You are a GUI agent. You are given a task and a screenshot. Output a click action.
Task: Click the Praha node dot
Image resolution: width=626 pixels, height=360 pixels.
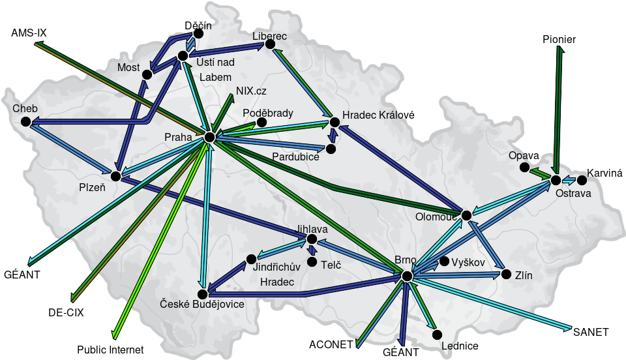(x=209, y=137)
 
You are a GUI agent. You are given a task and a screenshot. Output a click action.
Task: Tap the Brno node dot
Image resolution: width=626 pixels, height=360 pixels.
(x=408, y=277)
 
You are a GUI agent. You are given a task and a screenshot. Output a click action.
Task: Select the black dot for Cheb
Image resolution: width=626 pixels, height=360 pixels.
(x=25, y=121)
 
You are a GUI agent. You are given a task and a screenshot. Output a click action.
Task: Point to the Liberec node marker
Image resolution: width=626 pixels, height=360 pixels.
(x=270, y=44)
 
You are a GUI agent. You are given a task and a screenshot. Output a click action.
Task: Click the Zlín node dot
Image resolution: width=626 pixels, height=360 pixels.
(x=506, y=275)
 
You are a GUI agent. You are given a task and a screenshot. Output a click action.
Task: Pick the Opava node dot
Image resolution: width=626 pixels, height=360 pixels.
(x=525, y=168)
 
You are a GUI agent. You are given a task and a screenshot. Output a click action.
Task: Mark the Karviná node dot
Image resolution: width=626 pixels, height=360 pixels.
(x=582, y=179)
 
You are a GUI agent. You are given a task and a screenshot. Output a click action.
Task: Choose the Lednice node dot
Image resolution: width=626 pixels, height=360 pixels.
(x=438, y=335)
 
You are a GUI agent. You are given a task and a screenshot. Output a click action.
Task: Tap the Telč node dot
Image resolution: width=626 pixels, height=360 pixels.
(x=312, y=262)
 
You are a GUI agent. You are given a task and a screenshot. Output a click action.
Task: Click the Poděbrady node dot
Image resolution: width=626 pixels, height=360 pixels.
(x=261, y=122)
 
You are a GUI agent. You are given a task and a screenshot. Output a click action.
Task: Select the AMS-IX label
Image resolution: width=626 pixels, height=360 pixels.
(x=33, y=33)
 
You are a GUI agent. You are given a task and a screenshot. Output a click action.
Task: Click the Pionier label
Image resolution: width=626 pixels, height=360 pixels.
(x=559, y=40)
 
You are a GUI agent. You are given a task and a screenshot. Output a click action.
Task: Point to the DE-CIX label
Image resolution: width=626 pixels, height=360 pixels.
(x=66, y=312)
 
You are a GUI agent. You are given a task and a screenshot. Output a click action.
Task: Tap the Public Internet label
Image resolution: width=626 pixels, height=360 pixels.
(x=110, y=350)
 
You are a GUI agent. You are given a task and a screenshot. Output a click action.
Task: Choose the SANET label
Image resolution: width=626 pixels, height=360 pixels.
(x=591, y=332)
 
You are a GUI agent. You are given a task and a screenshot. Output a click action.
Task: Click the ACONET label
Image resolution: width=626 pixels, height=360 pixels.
(x=331, y=344)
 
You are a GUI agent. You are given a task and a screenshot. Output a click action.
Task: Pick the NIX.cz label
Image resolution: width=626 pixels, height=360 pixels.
(x=251, y=91)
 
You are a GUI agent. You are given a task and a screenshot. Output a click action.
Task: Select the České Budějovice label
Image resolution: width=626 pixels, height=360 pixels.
(x=203, y=304)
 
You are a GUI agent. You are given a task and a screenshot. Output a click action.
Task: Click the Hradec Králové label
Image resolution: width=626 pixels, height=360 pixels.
(x=378, y=115)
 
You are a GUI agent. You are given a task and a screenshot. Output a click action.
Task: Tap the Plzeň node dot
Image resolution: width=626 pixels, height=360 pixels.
(x=115, y=176)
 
